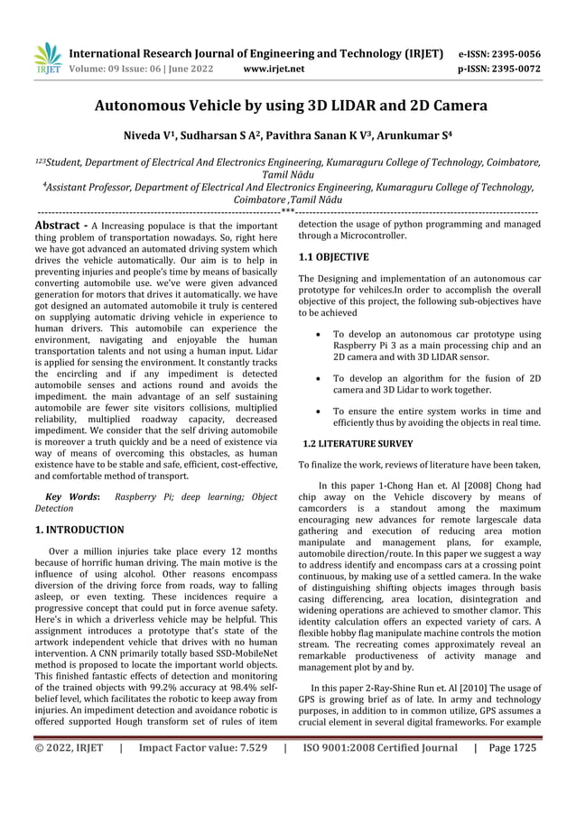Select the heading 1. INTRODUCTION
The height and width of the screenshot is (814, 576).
79,529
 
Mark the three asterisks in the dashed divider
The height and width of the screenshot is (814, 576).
288,212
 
